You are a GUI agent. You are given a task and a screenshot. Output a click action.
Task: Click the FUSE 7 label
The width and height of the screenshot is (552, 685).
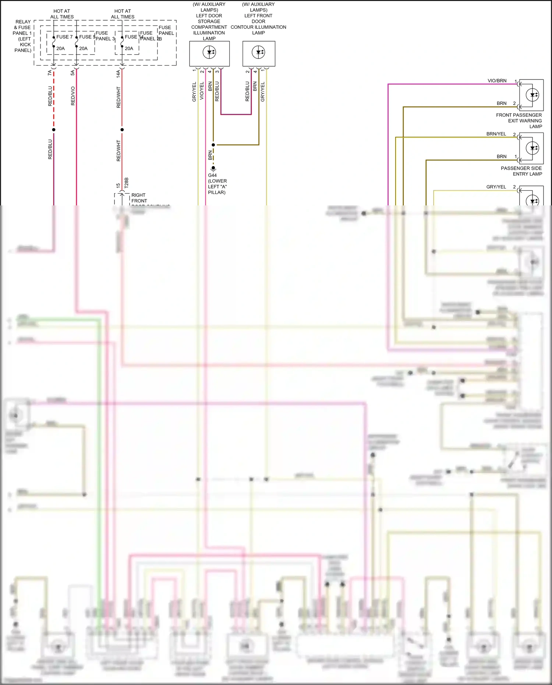point(64,37)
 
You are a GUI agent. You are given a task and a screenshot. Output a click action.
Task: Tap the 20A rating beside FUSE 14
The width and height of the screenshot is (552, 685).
point(129,48)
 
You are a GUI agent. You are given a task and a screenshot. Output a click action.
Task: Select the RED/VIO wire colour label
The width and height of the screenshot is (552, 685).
point(73,96)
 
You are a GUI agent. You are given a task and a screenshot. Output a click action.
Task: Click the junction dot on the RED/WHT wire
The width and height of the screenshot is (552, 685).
point(122,130)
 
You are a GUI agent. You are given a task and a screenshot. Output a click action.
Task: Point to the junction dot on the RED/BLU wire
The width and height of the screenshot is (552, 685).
point(54,130)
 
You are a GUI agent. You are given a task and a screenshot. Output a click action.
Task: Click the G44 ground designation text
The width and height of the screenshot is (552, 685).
point(212,175)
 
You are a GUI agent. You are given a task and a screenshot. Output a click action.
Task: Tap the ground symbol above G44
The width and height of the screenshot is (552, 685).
point(213,168)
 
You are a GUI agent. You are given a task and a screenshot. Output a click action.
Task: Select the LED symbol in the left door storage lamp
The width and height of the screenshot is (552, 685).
point(209,52)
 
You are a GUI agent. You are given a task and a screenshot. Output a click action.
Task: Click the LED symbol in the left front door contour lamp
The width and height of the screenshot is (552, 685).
point(259,52)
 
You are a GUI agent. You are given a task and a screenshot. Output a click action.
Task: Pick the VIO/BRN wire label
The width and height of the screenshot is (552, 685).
point(497,81)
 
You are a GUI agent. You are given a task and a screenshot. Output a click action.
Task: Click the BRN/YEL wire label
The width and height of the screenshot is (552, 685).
point(496,134)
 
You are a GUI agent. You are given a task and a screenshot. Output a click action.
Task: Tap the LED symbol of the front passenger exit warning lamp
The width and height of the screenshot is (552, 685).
point(532,95)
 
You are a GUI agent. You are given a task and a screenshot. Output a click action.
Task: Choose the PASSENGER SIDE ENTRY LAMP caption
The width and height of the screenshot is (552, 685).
point(521,171)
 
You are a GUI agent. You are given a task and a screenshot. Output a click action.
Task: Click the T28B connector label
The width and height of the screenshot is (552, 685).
point(127,183)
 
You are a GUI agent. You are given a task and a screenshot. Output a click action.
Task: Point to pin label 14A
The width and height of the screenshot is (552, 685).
point(118,74)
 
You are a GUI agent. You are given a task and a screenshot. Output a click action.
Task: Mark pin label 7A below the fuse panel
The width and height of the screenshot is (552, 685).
point(50,73)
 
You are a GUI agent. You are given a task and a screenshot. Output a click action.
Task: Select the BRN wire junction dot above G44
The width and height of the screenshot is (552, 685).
point(213,145)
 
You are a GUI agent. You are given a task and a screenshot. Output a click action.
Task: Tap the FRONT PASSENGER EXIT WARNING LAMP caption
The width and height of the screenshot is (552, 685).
point(519,121)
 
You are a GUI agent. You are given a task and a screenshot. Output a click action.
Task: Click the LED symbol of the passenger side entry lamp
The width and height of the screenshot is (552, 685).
point(532,148)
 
